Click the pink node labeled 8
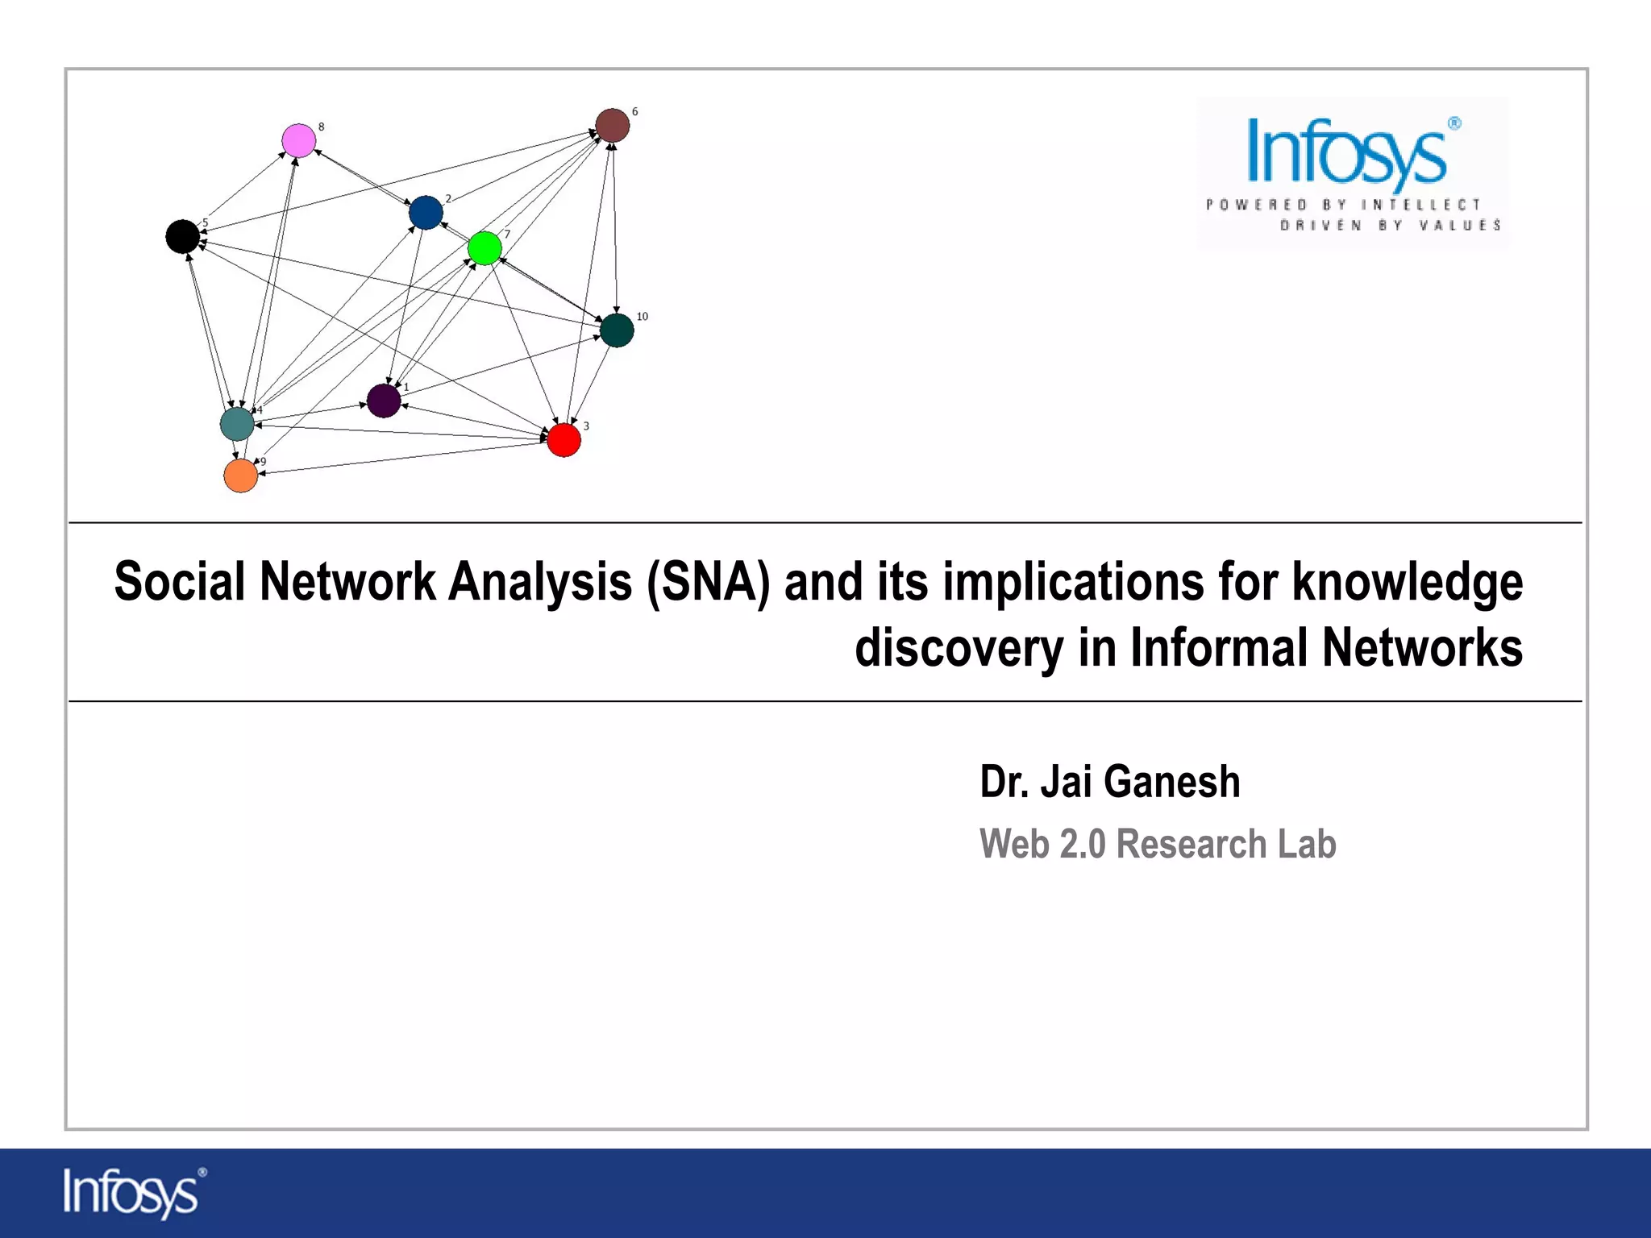(x=299, y=141)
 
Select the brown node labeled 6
(x=613, y=126)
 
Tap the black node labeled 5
(x=183, y=236)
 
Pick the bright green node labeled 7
(x=484, y=248)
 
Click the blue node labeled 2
(x=426, y=213)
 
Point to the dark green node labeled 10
(x=617, y=330)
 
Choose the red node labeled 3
(x=564, y=440)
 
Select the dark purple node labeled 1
(x=384, y=401)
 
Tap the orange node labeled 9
(x=240, y=476)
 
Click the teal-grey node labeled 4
(x=237, y=424)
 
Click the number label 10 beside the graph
(x=642, y=317)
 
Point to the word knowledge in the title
(x=1408, y=582)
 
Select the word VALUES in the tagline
(x=1459, y=225)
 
